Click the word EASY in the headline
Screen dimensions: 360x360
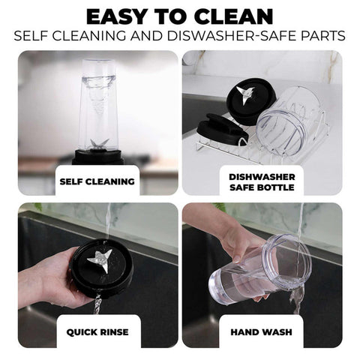coord(116,17)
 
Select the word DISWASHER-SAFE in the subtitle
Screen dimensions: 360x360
coord(232,36)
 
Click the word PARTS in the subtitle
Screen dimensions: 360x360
coord(323,36)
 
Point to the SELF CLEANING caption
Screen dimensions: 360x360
coord(97,181)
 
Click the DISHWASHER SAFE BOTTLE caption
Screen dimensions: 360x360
coord(262,182)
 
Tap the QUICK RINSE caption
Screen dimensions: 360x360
coord(97,332)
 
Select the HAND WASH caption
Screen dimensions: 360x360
coord(262,332)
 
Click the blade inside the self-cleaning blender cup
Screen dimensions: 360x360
coord(100,145)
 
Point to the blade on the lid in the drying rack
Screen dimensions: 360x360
coord(246,94)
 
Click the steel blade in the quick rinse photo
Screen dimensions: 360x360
coord(100,260)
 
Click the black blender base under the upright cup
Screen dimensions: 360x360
coord(97,157)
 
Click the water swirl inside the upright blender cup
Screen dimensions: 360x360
coord(97,96)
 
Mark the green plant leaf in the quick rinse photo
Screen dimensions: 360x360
coord(38,207)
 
